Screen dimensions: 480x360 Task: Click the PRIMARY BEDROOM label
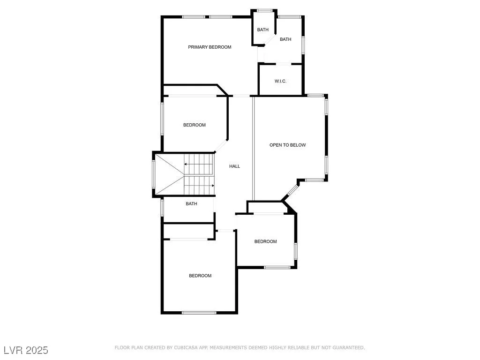210,47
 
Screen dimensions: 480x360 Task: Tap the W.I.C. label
280,81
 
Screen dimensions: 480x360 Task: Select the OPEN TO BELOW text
287,145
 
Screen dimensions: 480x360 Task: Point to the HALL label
234,166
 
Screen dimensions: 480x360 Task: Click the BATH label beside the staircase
191,203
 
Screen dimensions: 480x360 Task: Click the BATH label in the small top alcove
262,30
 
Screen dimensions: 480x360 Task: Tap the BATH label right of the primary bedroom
285,39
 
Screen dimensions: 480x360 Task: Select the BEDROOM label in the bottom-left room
200,276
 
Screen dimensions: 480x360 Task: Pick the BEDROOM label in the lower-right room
265,241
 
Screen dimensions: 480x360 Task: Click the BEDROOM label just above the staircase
195,125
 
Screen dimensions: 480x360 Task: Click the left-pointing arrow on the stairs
198,165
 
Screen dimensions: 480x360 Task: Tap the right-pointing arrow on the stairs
199,186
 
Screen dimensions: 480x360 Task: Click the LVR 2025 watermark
26,350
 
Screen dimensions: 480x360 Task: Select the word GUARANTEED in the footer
348,348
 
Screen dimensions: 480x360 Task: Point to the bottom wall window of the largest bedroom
199,313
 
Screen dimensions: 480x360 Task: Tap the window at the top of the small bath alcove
265,11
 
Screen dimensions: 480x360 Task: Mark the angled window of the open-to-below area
292,190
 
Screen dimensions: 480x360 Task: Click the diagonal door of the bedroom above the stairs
221,146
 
